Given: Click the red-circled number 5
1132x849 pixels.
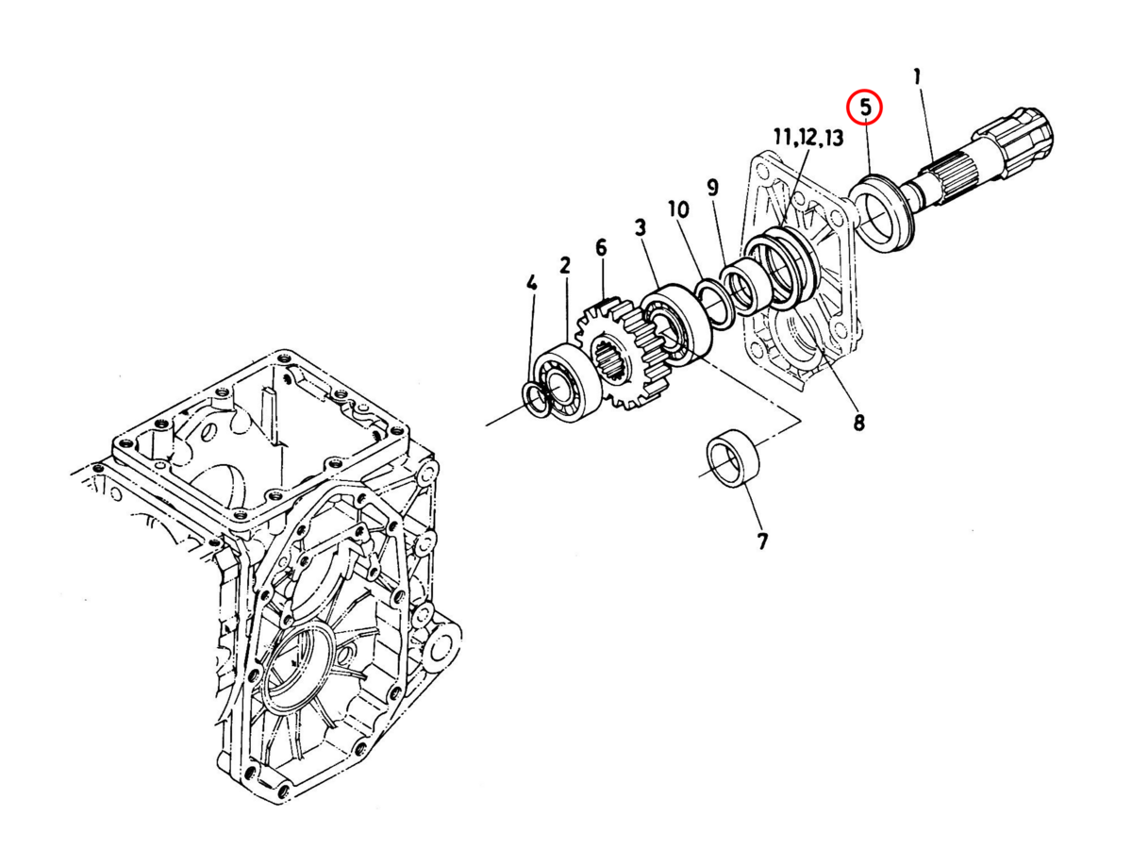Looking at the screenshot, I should coord(864,107).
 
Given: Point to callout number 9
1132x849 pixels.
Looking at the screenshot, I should coord(712,187).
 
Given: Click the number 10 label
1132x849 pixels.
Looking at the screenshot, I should coord(677,208).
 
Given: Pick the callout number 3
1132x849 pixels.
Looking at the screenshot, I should coord(641,227).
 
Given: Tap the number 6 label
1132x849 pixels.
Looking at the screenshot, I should coord(601,247).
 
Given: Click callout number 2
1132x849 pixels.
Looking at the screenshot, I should coord(565,265).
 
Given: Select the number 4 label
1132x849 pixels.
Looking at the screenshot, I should coord(532,283).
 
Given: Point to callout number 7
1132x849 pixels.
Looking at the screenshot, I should coord(762,541).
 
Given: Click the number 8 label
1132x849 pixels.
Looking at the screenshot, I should coord(858,423).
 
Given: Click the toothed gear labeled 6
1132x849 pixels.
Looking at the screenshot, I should coord(624,354).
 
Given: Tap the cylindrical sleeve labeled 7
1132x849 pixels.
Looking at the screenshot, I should coord(734,459).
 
